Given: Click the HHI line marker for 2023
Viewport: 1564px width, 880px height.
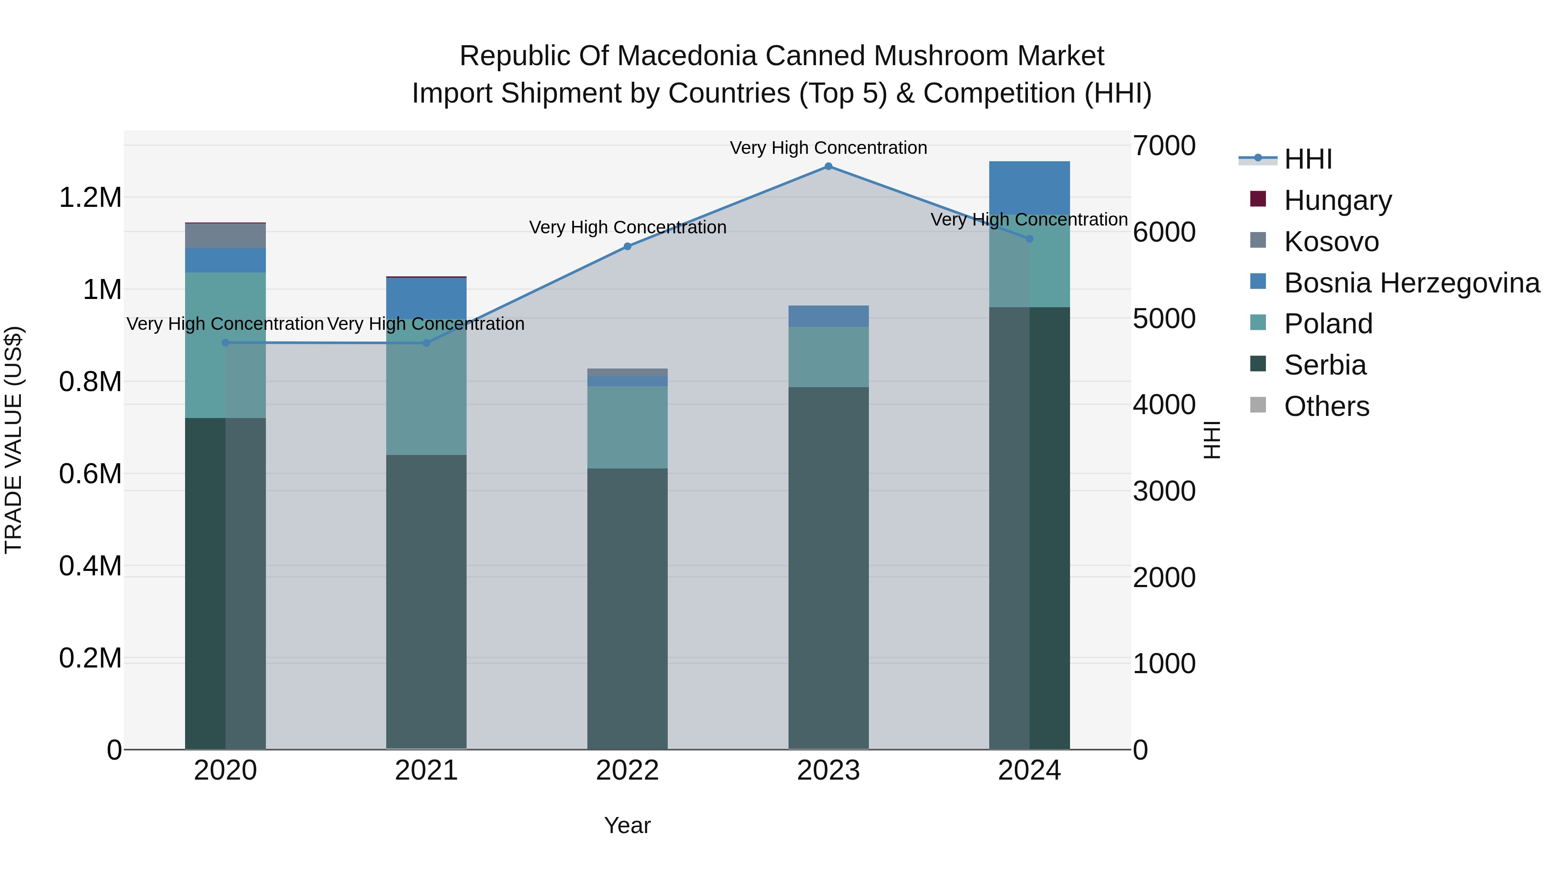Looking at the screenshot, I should (828, 166).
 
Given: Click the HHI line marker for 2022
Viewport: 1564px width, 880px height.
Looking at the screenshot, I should (627, 246).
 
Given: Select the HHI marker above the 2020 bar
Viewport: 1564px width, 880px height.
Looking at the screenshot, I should (225, 342).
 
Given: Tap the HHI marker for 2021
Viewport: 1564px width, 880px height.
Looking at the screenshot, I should (426, 343).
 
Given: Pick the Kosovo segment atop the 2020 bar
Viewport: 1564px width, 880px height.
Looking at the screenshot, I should (225, 236).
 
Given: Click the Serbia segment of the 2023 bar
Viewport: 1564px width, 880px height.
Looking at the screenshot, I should (828, 568).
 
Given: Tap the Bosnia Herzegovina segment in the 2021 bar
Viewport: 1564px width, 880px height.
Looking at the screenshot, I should (426, 298).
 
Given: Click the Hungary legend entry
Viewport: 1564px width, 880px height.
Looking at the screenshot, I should (1338, 200).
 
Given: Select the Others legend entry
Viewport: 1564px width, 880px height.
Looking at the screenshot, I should (1327, 406).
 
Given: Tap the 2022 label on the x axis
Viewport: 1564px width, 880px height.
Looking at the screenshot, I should (627, 770).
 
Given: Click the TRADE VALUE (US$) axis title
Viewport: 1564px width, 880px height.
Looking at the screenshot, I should (13, 440).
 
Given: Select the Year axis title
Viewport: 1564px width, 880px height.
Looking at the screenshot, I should (627, 825).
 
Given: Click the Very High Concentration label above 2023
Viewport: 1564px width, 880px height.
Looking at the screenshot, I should (828, 148).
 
